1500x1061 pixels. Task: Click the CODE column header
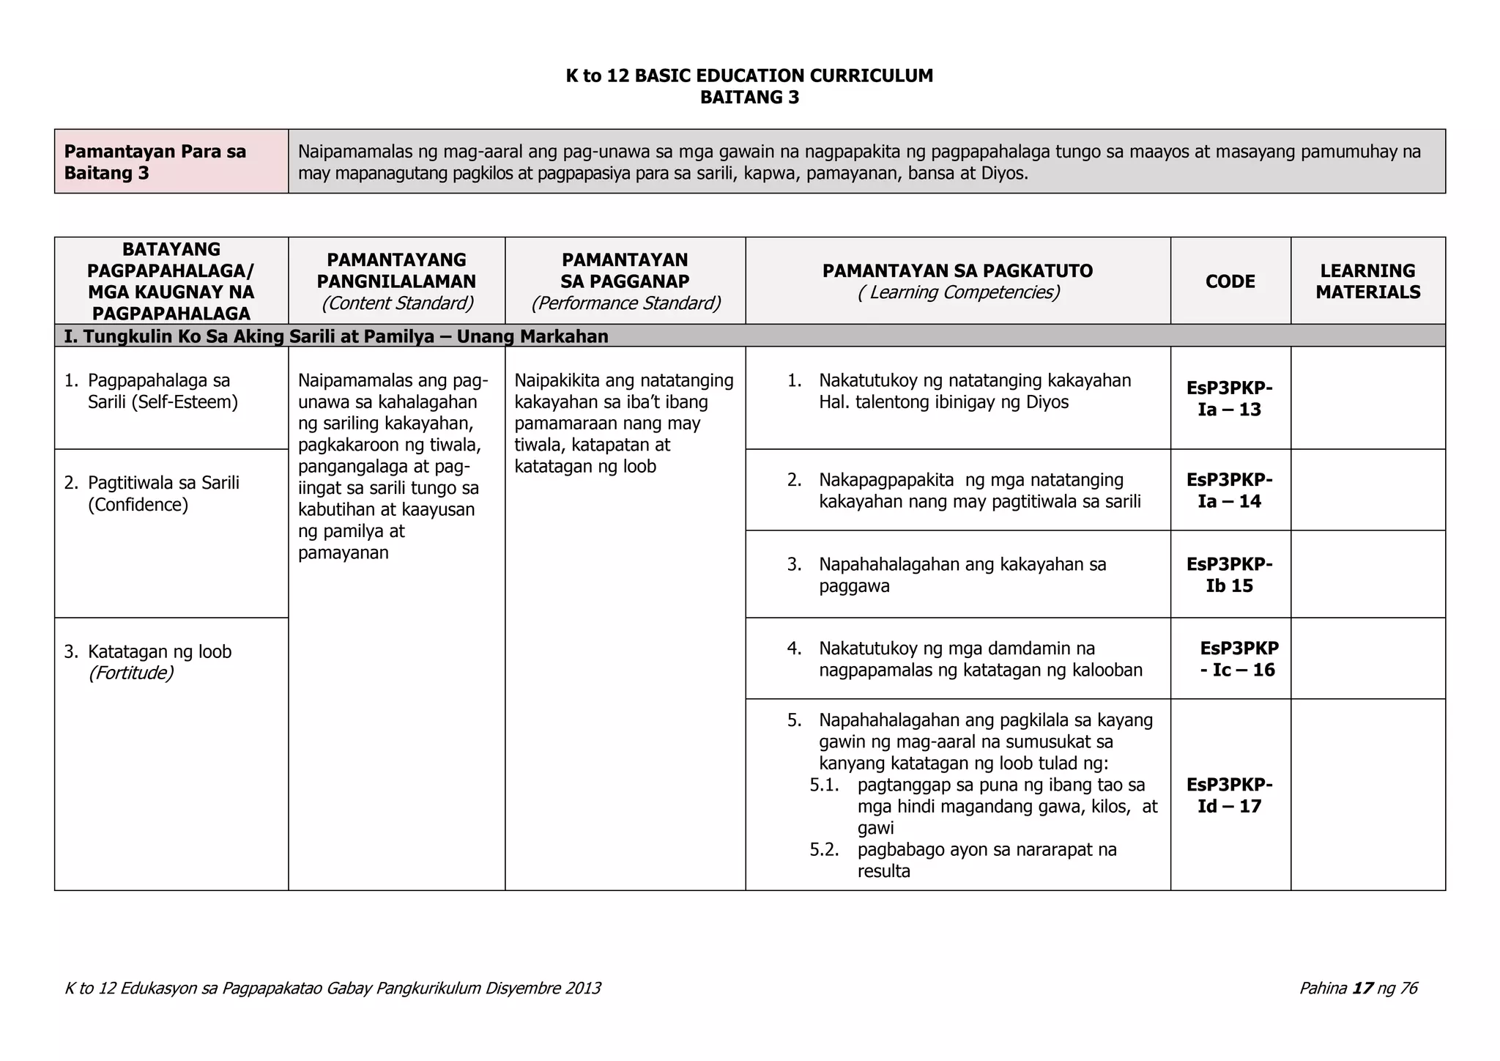point(1230,281)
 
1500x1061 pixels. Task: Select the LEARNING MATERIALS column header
point(1367,281)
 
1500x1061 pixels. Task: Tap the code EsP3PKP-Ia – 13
point(1229,399)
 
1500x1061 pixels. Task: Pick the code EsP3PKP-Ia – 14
point(1229,490)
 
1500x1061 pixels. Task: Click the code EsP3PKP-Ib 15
point(1229,574)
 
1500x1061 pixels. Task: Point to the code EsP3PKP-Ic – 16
point(1238,659)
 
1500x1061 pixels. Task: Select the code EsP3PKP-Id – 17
point(1229,795)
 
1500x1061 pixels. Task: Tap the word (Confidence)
point(138,505)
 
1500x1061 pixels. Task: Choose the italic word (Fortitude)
point(130,673)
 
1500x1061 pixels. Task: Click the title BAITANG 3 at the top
point(749,97)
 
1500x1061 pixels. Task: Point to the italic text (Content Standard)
point(396,303)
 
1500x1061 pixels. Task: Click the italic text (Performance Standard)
point(625,303)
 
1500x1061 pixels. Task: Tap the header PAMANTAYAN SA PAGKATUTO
point(957,271)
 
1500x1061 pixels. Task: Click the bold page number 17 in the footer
point(1362,988)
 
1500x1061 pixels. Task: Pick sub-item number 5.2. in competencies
point(824,850)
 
